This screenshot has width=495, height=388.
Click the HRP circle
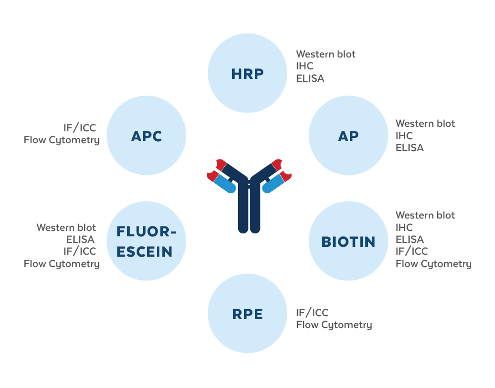click(247, 74)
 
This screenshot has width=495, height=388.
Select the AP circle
click(348, 136)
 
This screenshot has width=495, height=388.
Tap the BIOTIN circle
click(348, 241)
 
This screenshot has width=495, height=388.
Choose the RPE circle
click(247, 314)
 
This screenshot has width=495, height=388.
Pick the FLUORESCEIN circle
click(146, 241)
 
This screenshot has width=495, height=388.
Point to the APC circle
click(146, 136)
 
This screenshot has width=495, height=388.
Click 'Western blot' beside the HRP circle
click(326, 54)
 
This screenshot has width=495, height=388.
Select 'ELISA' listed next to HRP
click(310, 78)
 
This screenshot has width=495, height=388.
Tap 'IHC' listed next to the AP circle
click(404, 135)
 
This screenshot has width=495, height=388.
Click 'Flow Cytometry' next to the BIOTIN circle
click(433, 264)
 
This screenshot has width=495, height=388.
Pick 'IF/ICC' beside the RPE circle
click(312, 313)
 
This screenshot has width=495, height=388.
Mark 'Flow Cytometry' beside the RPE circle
click(334, 325)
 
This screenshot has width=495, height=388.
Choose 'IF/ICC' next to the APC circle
click(80, 128)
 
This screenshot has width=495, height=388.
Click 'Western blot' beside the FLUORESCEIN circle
click(66, 227)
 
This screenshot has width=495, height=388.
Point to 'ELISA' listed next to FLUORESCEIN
click(80, 240)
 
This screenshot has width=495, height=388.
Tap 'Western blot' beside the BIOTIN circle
click(425, 216)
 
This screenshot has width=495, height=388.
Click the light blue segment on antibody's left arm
click(224, 184)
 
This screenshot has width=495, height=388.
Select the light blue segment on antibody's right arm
click(272, 184)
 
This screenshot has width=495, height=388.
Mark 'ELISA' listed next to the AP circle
click(409, 148)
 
